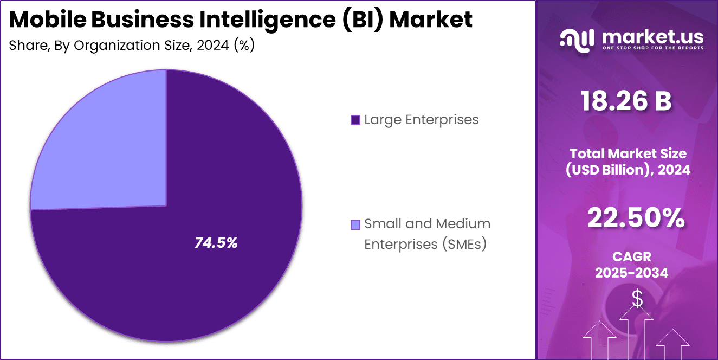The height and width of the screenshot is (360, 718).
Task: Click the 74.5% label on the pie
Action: (x=216, y=243)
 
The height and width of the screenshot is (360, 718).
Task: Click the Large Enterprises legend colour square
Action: (x=355, y=120)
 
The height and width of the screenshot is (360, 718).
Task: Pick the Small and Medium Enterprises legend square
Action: (x=355, y=224)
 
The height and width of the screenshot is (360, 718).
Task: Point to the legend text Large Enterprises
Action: (x=421, y=119)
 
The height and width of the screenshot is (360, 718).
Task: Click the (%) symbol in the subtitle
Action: (x=244, y=45)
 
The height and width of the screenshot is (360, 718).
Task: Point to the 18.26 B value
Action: (x=626, y=101)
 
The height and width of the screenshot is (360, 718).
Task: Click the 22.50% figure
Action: (x=636, y=218)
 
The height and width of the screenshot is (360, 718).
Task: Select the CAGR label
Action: (x=631, y=256)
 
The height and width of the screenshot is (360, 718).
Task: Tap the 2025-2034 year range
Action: (x=631, y=273)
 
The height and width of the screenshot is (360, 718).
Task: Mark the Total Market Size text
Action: (x=628, y=153)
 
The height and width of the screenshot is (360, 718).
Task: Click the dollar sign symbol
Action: (x=637, y=298)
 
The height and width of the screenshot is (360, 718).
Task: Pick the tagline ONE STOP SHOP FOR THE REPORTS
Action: (x=652, y=48)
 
